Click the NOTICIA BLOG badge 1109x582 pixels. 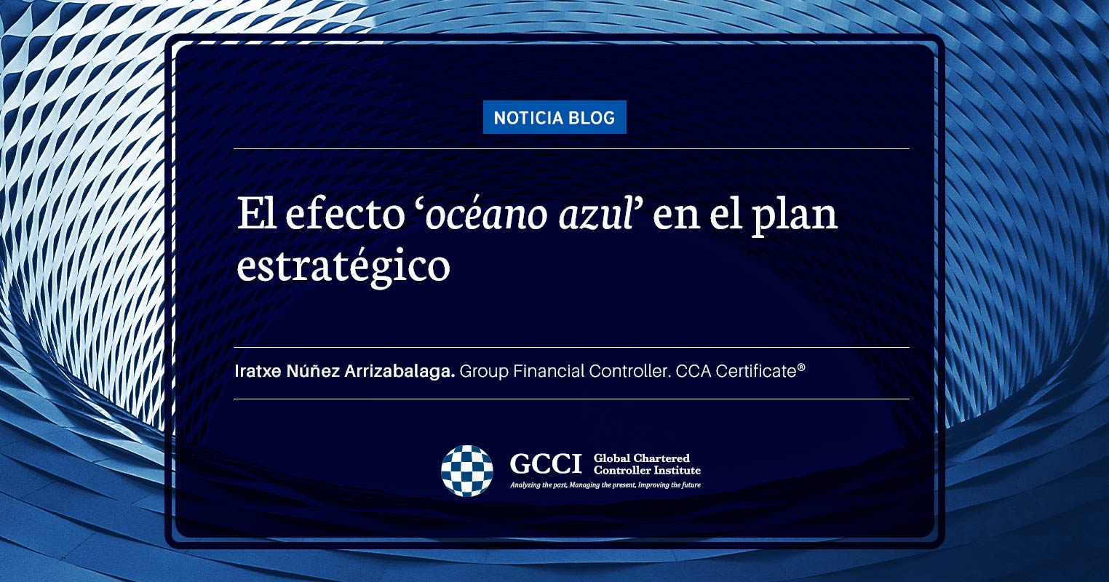coord(554,117)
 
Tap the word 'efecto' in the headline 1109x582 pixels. coord(345,214)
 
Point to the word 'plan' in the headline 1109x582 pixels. coord(795,217)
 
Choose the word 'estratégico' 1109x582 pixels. coord(343,268)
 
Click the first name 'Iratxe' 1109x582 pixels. coord(258,371)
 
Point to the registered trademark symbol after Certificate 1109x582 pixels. coord(801,367)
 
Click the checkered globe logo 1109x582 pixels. coord(467,471)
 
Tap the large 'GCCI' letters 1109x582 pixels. coord(546,463)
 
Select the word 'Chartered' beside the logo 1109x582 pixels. coord(661,458)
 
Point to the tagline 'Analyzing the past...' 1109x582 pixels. coord(605,485)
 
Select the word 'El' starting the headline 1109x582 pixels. coord(256,214)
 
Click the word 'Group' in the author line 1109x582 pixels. coord(484,372)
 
